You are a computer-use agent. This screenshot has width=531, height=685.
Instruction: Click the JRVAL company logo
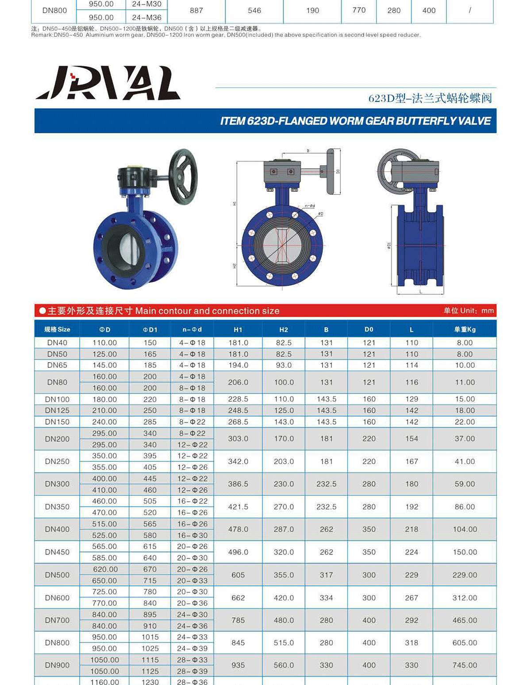tap(108, 83)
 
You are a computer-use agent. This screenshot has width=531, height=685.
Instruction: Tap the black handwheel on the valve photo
tap(183, 177)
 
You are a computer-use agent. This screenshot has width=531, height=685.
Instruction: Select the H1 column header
tap(238, 329)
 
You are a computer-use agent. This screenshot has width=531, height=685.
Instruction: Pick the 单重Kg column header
tap(465, 329)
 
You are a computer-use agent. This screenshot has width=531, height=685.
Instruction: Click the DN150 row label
tap(57, 422)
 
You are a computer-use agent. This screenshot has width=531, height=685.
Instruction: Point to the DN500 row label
tap(57, 575)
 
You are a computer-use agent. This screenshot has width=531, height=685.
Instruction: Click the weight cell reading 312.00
tap(465, 598)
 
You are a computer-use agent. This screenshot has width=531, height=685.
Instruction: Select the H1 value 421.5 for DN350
tap(238, 507)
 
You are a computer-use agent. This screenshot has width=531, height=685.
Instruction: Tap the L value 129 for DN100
tap(412, 399)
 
